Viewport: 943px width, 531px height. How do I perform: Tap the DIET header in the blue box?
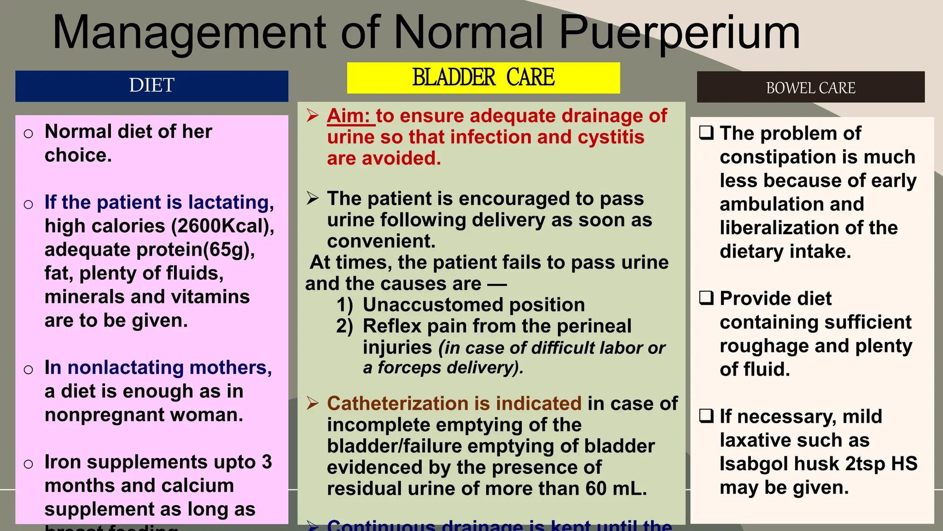(x=151, y=85)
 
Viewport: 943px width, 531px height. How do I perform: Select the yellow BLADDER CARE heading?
(x=483, y=77)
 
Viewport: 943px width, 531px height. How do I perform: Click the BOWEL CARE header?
(x=810, y=88)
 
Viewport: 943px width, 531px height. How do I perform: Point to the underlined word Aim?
(x=349, y=116)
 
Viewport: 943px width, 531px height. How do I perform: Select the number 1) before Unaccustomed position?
(x=344, y=305)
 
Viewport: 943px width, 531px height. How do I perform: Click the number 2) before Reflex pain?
(x=344, y=326)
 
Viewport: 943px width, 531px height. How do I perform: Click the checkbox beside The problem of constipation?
(x=706, y=133)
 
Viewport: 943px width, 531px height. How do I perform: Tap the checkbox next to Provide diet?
(x=706, y=298)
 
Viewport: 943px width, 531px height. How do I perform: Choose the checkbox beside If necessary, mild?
(x=706, y=416)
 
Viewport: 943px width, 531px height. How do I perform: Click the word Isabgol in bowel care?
(x=751, y=464)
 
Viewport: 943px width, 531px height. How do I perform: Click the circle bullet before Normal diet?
(x=29, y=134)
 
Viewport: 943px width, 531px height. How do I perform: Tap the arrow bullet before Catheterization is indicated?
(x=313, y=403)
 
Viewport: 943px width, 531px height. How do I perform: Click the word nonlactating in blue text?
(x=125, y=367)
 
